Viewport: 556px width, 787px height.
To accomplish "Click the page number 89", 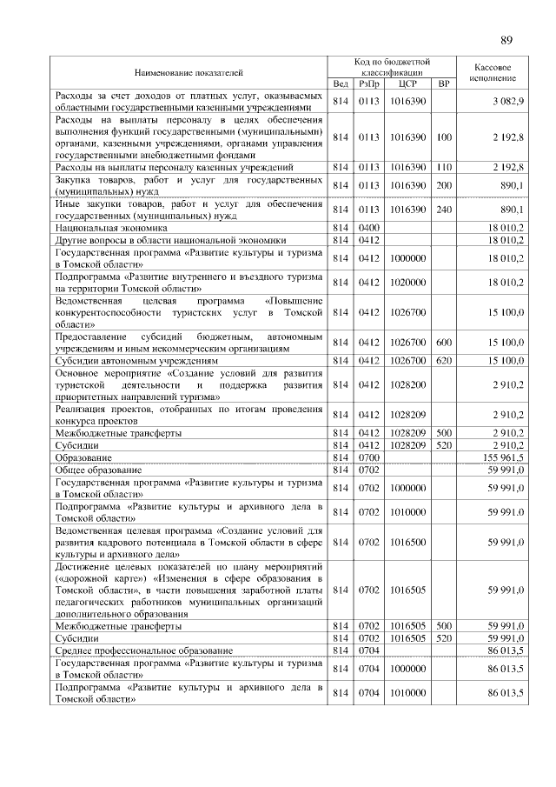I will click(507, 39).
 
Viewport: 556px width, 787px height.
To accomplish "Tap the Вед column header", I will click(340, 84).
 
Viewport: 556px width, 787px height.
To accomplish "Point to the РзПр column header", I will click(369, 84).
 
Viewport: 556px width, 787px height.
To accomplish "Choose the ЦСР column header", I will click(407, 84).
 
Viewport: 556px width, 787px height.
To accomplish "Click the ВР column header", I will click(444, 84).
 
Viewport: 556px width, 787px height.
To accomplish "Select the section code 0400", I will click(369, 226).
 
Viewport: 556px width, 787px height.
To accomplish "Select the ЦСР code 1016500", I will click(407, 541).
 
